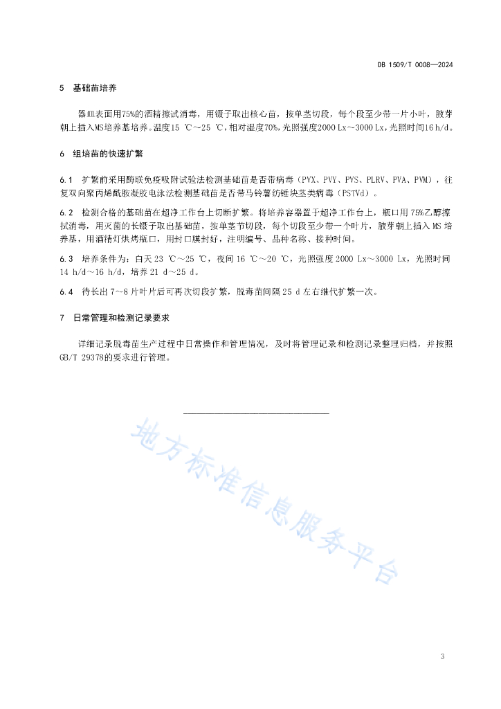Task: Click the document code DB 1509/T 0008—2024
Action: click(x=415, y=64)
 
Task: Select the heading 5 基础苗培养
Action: click(x=88, y=89)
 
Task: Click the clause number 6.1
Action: click(x=66, y=179)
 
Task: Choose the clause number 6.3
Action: click(x=66, y=258)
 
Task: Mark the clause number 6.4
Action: click(x=66, y=291)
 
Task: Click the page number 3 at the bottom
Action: click(x=441, y=656)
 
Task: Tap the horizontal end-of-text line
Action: click(x=256, y=413)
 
